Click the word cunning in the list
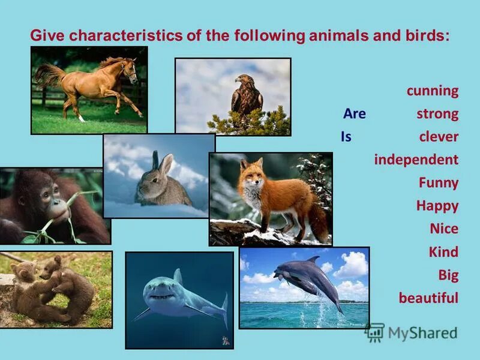tap(432, 91)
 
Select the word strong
tap(437, 114)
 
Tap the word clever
tap(439, 137)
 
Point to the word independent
tap(416, 160)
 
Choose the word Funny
tap(438, 182)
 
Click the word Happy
tap(437, 206)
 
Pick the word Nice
tap(443, 229)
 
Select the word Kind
tap(443, 251)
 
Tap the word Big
tap(448, 275)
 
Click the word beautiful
tap(428, 298)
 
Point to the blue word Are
tap(354, 114)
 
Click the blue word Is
tap(346, 137)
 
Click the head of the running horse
tap(129, 72)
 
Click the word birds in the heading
tap(424, 35)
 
